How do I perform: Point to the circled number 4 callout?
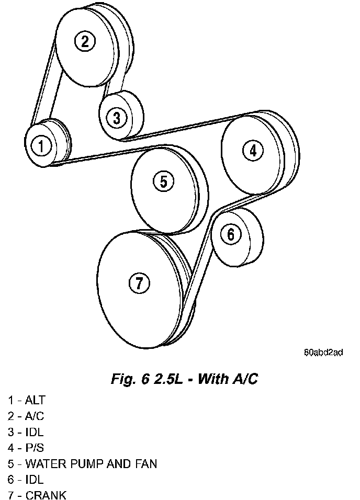(253, 151)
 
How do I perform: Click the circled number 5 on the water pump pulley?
(163, 181)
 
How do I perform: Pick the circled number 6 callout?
(231, 235)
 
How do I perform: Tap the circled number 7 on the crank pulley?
(139, 283)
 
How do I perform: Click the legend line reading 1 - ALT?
(27, 401)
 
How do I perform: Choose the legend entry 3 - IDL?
(26, 432)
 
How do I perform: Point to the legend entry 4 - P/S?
(26, 448)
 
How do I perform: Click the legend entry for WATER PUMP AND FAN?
(82, 463)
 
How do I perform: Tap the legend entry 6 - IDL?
(26, 479)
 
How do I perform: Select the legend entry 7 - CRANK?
(37, 495)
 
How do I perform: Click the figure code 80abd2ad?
(323, 353)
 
